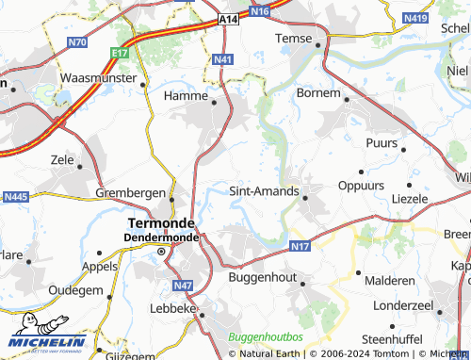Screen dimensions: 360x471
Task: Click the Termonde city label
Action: [x=160, y=222]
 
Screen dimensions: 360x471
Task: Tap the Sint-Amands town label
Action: [x=264, y=191]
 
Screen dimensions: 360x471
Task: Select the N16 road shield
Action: [x=260, y=11]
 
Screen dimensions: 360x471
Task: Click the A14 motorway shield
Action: [x=228, y=19]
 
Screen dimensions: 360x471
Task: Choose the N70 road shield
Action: [x=78, y=42]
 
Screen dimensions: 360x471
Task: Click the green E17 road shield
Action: [x=119, y=54]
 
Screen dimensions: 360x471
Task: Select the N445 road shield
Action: [x=17, y=197]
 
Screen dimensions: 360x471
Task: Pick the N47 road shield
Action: [x=183, y=285]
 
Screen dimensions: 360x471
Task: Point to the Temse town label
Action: [x=292, y=38]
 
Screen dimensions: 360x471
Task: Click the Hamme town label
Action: [x=185, y=96]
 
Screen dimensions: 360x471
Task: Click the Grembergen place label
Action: [x=131, y=192]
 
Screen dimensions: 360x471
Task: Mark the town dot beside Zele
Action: [x=79, y=167]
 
